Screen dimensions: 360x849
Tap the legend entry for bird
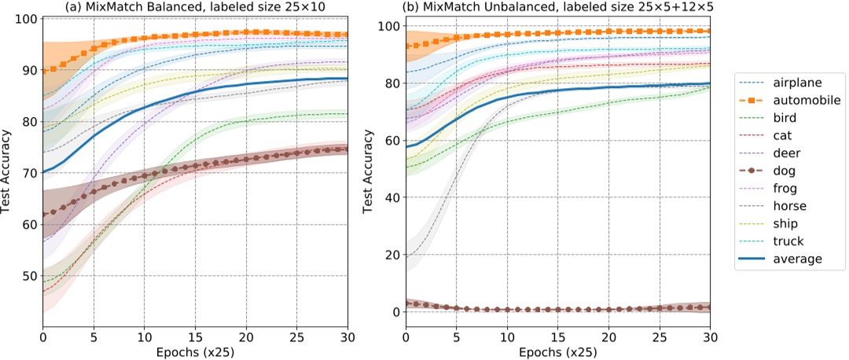tap(791, 119)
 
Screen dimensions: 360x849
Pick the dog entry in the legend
tap(791, 171)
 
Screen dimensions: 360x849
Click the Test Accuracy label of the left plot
tap(9, 171)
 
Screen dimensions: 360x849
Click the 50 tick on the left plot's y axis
tap(27, 276)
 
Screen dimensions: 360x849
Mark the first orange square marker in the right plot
tap(406, 46)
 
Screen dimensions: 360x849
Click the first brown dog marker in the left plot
tap(43, 214)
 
